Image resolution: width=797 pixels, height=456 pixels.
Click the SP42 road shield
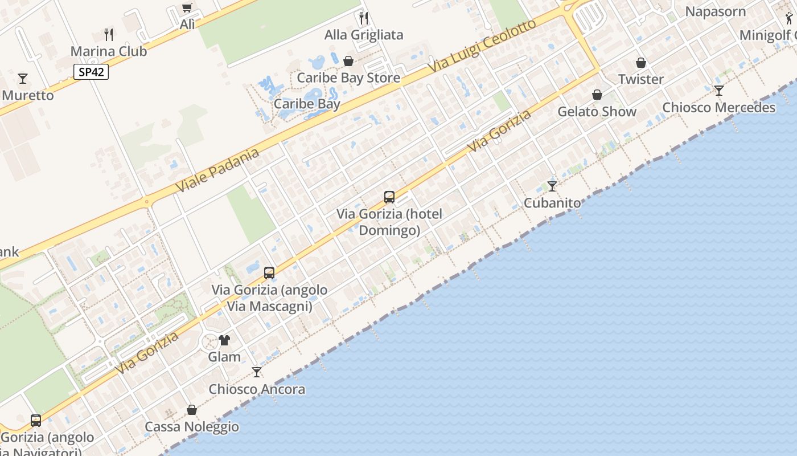tap(91, 72)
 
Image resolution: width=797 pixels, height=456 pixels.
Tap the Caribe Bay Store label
tap(348, 78)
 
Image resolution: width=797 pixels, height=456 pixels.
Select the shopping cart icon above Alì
tap(187, 7)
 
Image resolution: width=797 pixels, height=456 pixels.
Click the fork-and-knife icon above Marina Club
tap(109, 35)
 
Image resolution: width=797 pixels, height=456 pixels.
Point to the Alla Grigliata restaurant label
tap(364, 35)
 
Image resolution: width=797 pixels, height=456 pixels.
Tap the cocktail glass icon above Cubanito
tap(552, 186)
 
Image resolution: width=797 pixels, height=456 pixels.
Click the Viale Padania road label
tap(217, 169)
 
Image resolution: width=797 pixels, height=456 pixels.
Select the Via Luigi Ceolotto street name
tap(483, 46)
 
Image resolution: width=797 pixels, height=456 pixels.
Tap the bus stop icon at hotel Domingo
tap(389, 197)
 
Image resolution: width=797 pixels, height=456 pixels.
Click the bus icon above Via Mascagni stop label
tap(269, 273)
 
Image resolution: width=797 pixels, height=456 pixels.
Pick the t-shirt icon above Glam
tap(224, 340)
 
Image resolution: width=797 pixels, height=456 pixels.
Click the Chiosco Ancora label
tap(257, 389)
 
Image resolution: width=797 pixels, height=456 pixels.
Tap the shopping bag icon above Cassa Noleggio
tap(192, 410)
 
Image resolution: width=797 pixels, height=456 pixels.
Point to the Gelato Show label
tap(597, 111)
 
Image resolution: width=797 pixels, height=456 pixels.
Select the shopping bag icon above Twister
tap(641, 63)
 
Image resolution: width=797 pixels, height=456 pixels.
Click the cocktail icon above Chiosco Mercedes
tap(719, 91)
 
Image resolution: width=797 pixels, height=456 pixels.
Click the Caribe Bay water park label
tap(307, 104)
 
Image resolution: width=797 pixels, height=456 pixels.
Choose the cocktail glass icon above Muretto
tap(23, 79)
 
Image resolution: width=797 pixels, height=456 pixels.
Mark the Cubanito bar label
tap(552, 203)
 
